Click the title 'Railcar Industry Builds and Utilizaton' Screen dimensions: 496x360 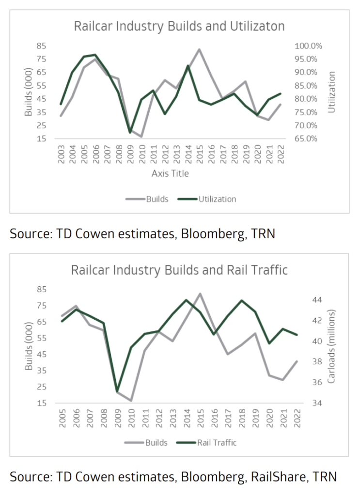point(179,26)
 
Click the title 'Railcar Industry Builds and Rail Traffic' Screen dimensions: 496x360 point(179,270)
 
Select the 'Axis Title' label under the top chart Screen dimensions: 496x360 point(169,173)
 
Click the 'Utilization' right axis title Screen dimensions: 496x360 point(331,92)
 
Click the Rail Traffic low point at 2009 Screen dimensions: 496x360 point(117,390)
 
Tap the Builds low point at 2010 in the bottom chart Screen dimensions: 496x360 point(131,401)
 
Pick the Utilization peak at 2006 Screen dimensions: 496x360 point(95,55)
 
